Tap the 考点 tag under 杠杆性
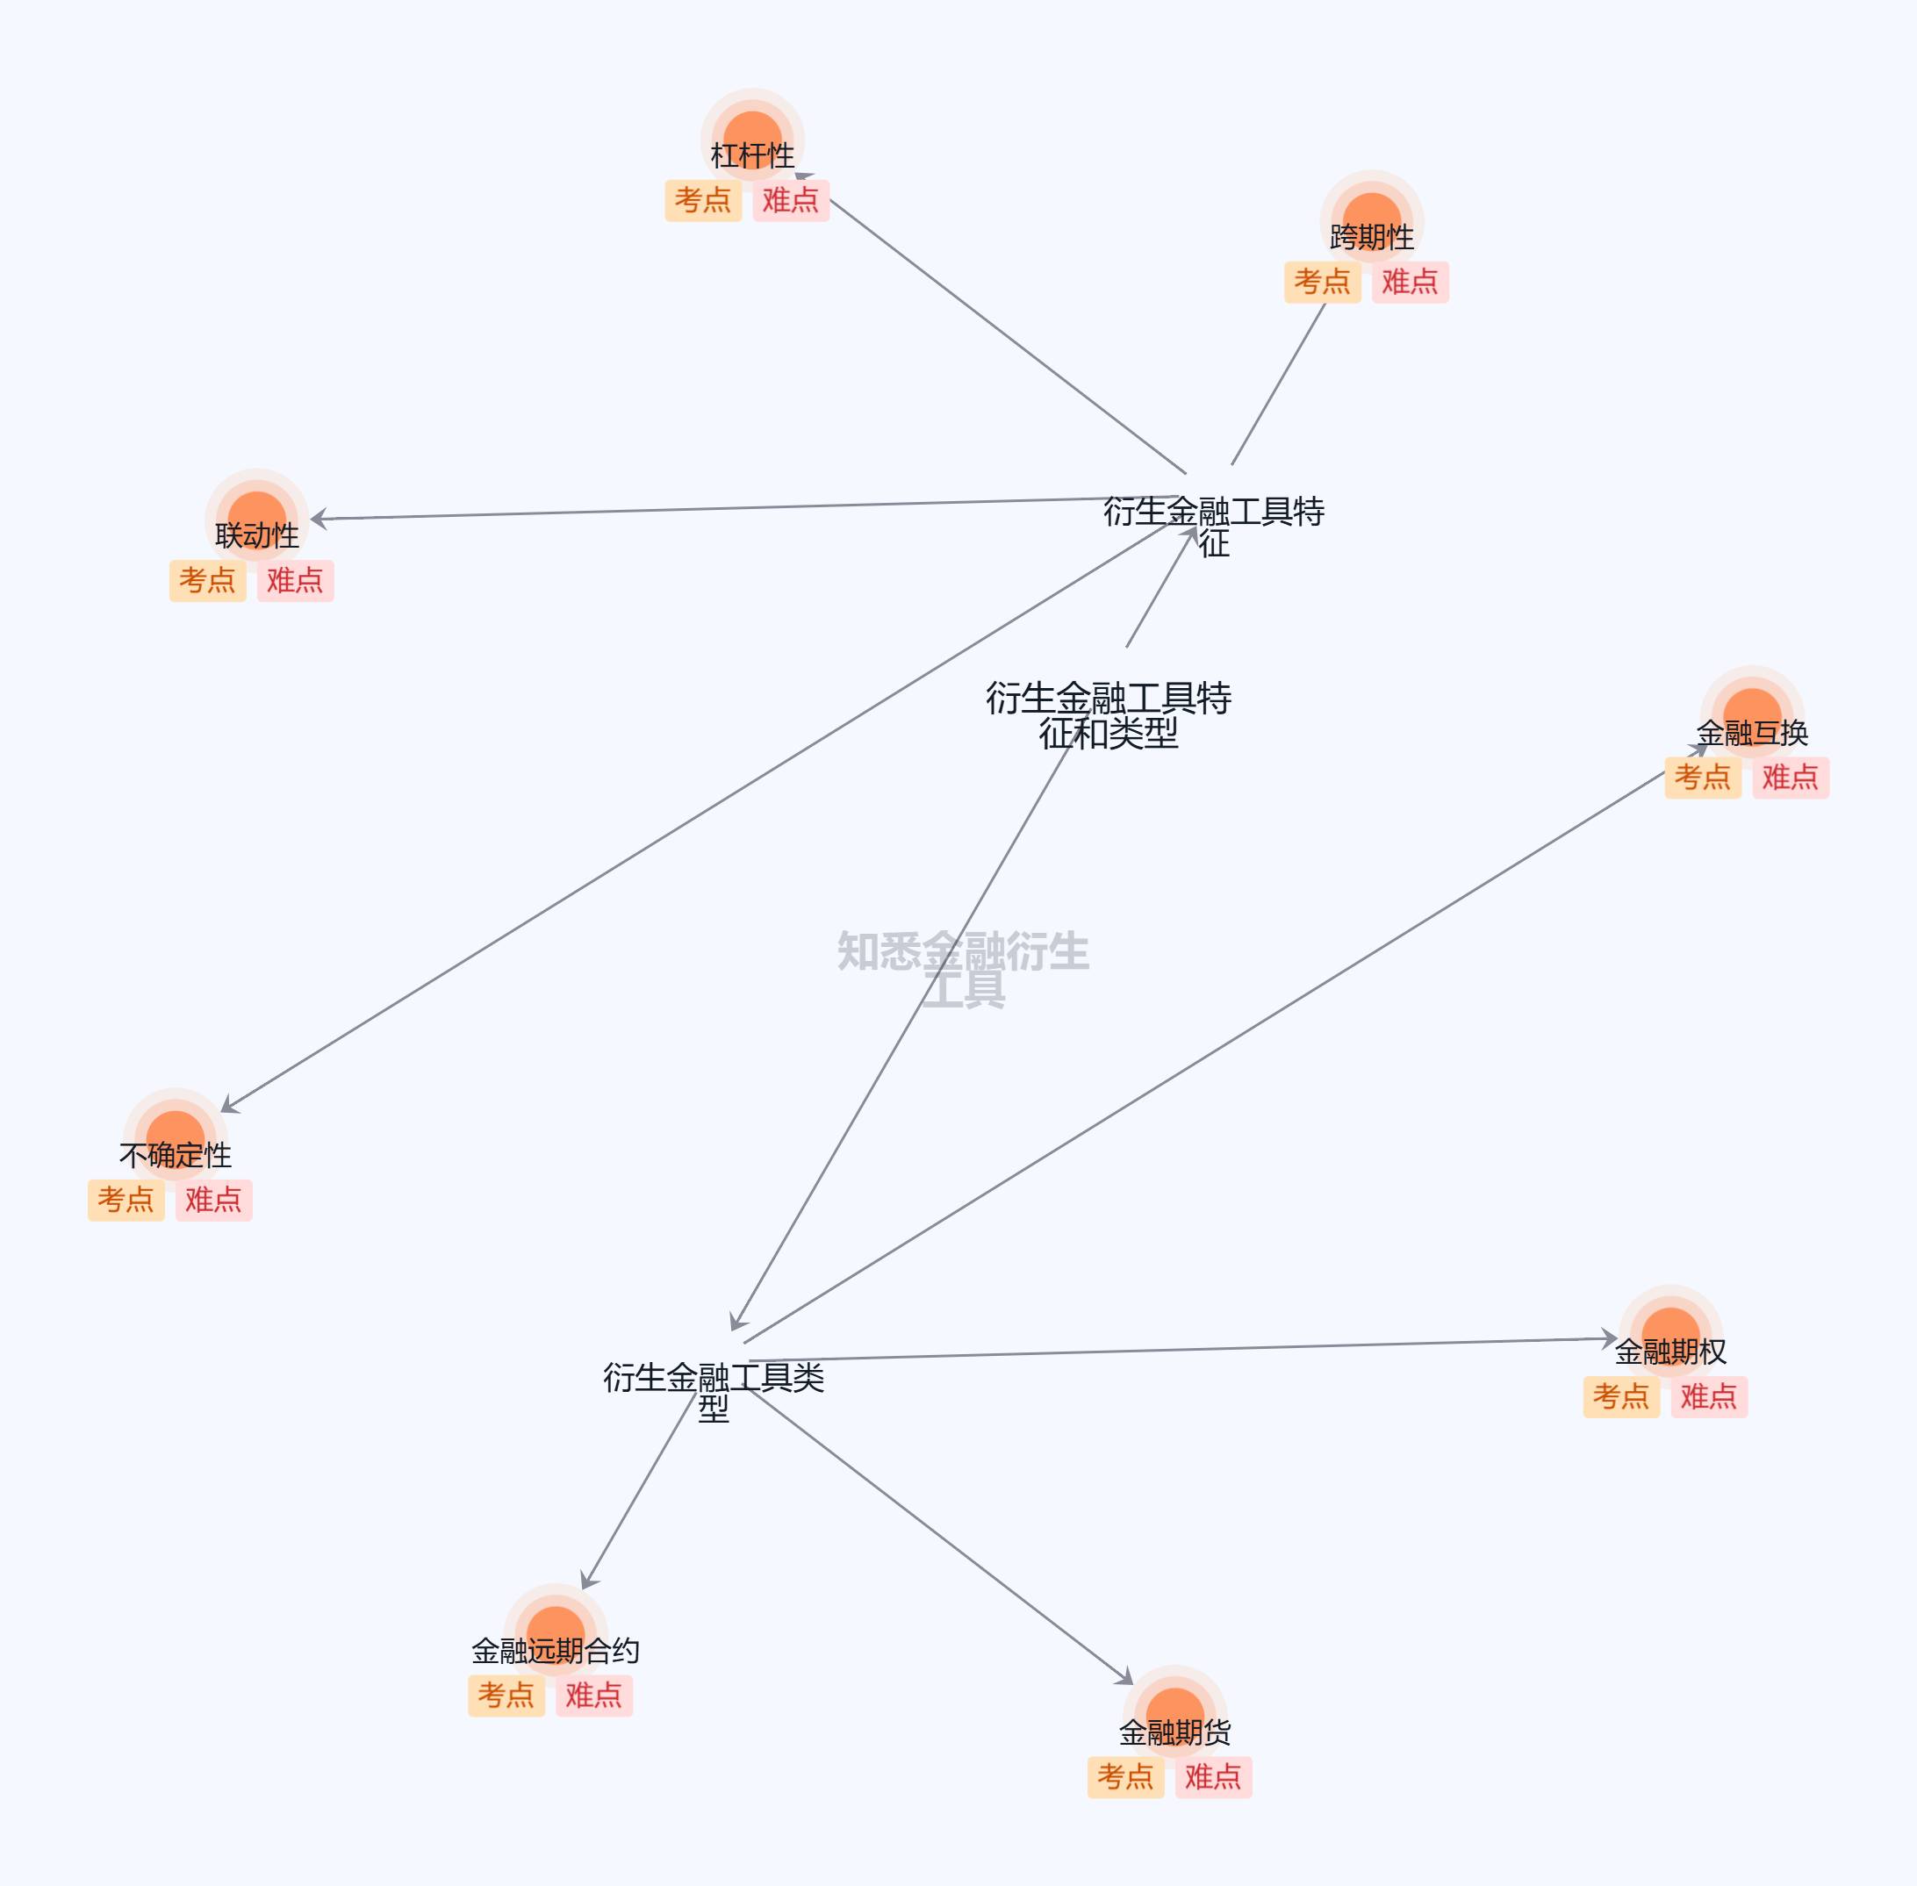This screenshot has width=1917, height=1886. click(702, 200)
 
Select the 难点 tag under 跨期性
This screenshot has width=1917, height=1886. click(1410, 283)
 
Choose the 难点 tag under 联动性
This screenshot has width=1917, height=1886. click(295, 580)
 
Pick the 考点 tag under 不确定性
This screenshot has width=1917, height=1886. click(126, 1200)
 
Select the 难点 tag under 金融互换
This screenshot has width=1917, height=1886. click(1791, 778)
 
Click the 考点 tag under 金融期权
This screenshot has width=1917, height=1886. click(1621, 1396)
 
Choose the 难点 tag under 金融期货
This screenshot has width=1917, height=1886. click(1213, 1777)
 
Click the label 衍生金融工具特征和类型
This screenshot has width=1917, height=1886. click(1108, 715)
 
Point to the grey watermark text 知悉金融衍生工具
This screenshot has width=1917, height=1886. click(963, 969)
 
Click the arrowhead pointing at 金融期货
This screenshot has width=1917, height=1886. click(1124, 1677)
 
